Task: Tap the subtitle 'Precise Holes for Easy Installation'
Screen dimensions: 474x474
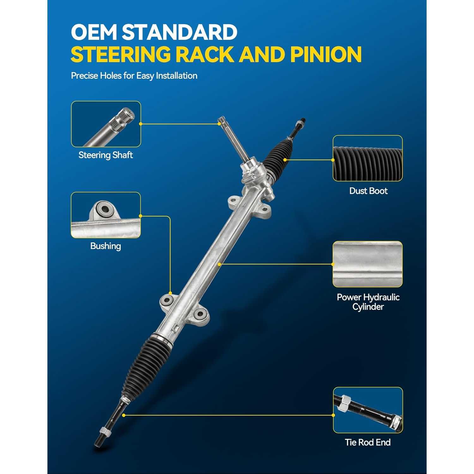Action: click(134, 76)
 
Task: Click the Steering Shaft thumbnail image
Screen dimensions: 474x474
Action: click(106, 124)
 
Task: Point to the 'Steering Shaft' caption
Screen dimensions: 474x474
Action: click(106, 155)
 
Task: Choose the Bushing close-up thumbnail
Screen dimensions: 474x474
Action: click(106, 215)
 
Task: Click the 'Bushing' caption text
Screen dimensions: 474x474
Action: click(106, 246)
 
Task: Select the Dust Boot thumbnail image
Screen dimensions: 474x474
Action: click(368, 158)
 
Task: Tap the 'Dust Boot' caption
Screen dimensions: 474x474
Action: click(368, 191)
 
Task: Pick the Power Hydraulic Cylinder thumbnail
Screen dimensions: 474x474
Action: click(368, 264)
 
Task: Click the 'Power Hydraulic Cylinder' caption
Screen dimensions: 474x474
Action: click(368, 302)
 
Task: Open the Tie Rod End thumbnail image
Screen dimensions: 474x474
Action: click(368, 410)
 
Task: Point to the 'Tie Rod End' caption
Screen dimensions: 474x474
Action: click(368, 442)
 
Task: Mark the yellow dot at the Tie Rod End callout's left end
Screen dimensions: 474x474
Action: click(124, 415)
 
